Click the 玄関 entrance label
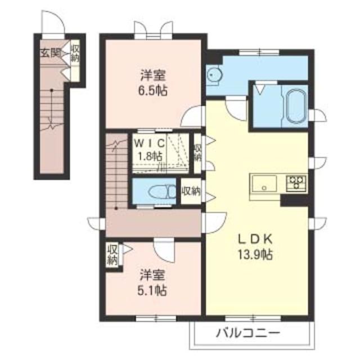pyautogui.click(x=51, y=53)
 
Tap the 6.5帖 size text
pyautogui.click(x=152, y=91)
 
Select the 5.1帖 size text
pyautogui.click(x=152, y=291)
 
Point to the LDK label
pyautogui.click(x=255, y=239)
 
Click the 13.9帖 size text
pyautogui.click(x=255, y=255)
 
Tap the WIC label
pyautogui.click(x=150, y=143)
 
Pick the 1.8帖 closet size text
pyautogui.click(x=150, y=156)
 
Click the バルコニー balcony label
pyautogui.click(x=248, y=332)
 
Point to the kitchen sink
pyautogui.click(x=264, y=184)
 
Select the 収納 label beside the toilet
pyautogui.click(x=191, y=191)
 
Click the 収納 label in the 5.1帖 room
pyautogui.click(x=112, y=255)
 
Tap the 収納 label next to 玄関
pyautogui.click(x=75, y=53)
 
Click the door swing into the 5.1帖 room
pyautogui.click(x=164, y=251)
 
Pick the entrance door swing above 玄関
pyautogui.click(x=53, y=22)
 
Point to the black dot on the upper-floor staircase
pyautogui.click(x=116, y=209)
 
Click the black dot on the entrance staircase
pyautogui.click(x=52, y=90)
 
